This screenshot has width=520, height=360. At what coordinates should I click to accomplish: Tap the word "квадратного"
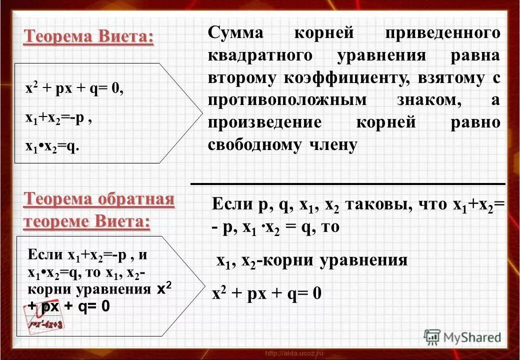click(x=259, y=56)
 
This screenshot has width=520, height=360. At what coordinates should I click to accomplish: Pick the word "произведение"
click(x=265, y=122)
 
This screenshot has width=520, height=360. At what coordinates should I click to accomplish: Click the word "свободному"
click(x=247, y=144)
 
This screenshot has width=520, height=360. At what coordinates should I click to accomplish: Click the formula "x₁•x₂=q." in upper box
click(x=52, y=147)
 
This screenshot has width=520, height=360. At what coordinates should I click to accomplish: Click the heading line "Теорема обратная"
click(x=98, y=200)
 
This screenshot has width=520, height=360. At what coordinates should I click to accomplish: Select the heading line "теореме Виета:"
click(x=86, y=221)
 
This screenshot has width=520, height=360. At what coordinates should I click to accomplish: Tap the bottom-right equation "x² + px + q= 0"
click(x=266, y=293)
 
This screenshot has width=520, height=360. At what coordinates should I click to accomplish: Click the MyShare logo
click(x=462, y=337)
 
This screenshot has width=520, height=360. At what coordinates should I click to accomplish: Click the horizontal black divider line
click(x=347, y=183)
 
